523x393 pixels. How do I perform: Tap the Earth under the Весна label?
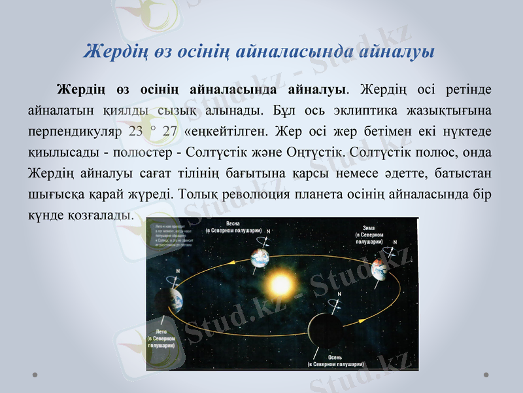(x=260, y=257)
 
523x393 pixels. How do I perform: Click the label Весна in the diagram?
(x=233, y=223)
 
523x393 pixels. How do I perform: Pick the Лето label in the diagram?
(x=161, y=331)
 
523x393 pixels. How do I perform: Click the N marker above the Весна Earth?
(x=268, y=232)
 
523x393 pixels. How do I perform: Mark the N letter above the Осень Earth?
(x=338, y=294)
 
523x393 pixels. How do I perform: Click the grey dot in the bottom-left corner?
(x=36, y=375)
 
